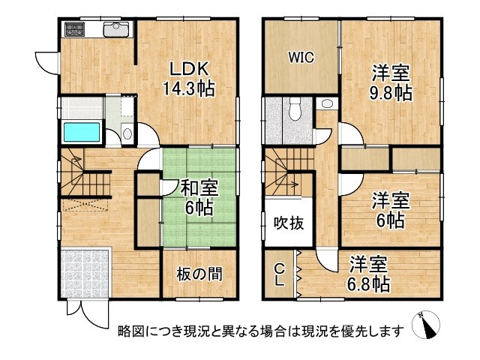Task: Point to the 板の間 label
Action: click(199, 274)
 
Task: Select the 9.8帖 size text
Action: click(391, 93)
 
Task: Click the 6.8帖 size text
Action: click(369, 285)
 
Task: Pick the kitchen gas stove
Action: click(76, 31)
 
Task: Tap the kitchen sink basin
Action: click(116, 30)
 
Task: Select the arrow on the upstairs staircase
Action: click(290, 182)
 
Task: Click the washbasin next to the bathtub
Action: click(126, 134)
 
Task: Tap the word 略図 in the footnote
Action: click(128, 331)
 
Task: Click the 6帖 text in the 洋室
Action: click(391, 220)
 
